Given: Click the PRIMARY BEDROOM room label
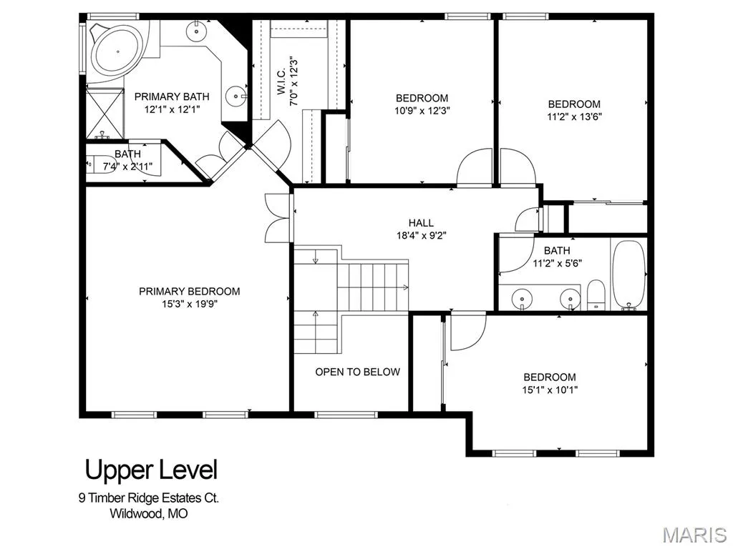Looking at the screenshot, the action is click(189, 292).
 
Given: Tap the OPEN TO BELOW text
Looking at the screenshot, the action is click(358, 372).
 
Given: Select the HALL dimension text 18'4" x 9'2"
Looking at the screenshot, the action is click(421, 235).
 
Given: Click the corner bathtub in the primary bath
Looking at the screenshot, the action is click(117, 51).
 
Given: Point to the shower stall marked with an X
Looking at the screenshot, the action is click(105, 113).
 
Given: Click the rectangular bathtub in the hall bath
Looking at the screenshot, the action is click(628, 274).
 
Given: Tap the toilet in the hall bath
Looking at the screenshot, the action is click(596, 295).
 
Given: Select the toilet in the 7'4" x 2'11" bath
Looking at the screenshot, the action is click(100, 164).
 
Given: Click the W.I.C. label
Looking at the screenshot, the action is click(281, 82).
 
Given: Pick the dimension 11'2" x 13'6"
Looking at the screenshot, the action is click(574, 117).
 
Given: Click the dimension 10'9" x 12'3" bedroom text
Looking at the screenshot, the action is click(422, 111).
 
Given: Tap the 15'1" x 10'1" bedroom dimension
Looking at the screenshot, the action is click(550, 390).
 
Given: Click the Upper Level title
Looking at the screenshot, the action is click(151, 470).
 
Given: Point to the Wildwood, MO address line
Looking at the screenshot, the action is click(149, 513).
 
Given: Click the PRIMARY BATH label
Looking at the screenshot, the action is click(172, 97).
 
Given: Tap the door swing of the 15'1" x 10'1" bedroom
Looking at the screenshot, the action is click(468, 332).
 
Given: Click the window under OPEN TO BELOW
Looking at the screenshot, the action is click(346, 414).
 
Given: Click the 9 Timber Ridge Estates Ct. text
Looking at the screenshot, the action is click(149, 498).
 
